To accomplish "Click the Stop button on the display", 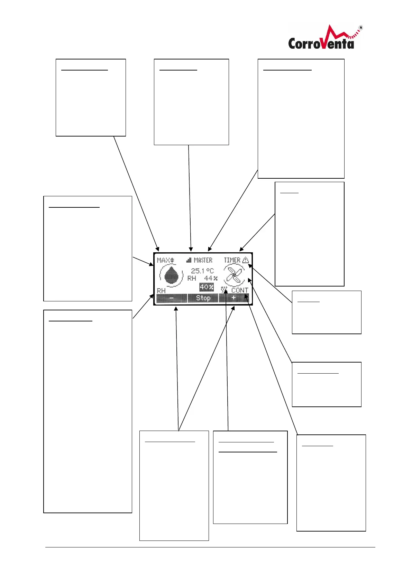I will (203, 298).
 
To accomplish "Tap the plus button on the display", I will (234, 298).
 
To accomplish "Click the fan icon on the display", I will (234, 276).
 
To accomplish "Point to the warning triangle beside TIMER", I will (245, 260).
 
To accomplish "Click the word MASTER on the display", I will (203, 260).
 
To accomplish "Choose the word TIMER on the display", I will (232, 260).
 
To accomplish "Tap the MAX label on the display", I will (163, 260).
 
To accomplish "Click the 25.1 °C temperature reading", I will (202, 271).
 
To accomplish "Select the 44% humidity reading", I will (211, 278).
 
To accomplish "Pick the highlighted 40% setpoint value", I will (207, 287).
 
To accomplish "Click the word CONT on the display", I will (240, 290).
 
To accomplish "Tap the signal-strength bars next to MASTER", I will (189, 260).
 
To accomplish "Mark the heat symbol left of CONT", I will (224, 290).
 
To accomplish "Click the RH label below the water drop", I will (161, 291).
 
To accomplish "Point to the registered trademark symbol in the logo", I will (361, 27).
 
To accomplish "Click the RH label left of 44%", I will (192, 278).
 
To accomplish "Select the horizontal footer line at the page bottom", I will (210, 547).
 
